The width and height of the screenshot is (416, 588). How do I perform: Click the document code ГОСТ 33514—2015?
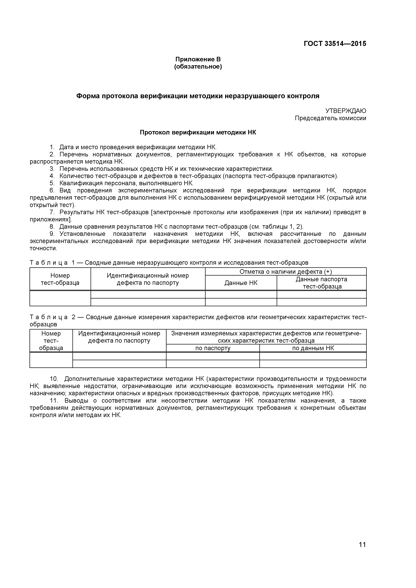coord(335,44)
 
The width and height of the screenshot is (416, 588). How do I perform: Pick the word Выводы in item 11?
coord(76,401)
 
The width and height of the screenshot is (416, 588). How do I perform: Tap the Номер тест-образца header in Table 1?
coord(60,279)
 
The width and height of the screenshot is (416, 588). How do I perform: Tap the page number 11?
coord(362,552)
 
